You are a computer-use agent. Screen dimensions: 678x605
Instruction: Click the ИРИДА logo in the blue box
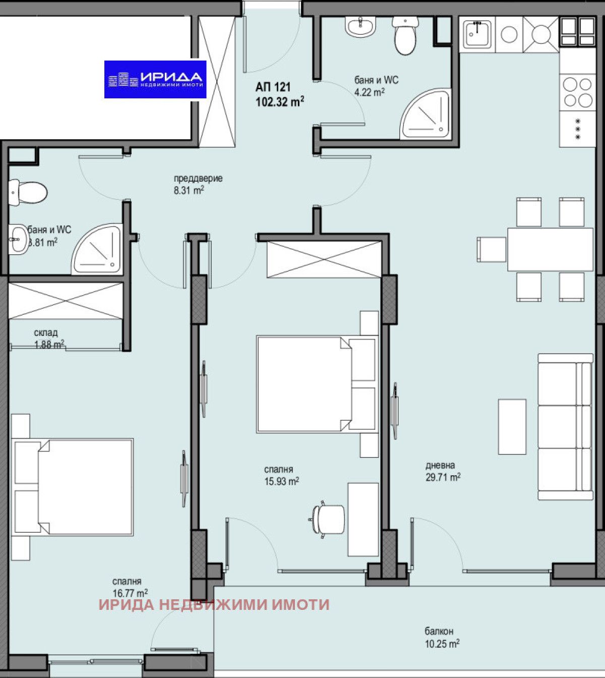[x=155, y=79]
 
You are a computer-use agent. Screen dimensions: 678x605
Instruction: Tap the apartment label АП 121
[x=273, y=87]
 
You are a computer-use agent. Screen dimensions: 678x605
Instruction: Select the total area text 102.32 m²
[x=280, y=102]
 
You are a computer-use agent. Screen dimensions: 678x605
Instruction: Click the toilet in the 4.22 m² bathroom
[x=405, y=35]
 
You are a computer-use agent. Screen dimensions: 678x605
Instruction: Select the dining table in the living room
[x=550, y=250]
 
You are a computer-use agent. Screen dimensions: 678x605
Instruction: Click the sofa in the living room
[x=565, y=426]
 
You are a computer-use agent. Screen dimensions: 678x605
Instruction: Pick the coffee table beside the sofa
[x=512, y=426]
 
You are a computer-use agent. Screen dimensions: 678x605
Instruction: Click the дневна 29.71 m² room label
[x=442, y=471]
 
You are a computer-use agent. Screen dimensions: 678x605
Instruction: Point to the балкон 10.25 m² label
[x=441, y=637]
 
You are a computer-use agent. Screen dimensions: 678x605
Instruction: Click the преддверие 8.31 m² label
[x=198, y=184]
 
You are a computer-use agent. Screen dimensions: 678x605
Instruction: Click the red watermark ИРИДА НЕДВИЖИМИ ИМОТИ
[x=214, y=604]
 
